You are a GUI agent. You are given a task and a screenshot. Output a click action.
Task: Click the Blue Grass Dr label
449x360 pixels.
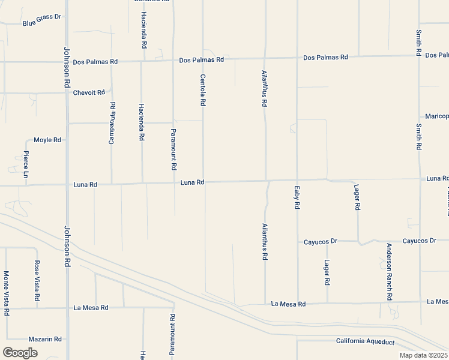point(42,24)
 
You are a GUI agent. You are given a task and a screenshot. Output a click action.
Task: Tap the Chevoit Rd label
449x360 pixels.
point(89,93)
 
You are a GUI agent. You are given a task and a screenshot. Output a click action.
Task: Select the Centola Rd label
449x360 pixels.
point(203,90)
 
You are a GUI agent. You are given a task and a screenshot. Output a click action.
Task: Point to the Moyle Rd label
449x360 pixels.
point(47,140)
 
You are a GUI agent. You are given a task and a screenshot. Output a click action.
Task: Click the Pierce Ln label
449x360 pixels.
point(26,164)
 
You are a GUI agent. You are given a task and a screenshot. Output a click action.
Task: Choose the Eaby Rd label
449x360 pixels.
point(297,197)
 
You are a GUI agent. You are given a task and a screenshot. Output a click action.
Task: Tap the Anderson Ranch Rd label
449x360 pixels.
point(389,272)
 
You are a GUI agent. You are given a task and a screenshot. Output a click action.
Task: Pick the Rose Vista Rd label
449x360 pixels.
point(37,280)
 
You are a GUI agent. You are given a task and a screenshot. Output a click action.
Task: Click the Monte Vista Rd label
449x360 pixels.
point(6,293)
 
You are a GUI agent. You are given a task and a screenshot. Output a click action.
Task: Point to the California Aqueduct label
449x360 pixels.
point(365,341)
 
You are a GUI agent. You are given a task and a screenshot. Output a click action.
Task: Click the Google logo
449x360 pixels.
point(20,353)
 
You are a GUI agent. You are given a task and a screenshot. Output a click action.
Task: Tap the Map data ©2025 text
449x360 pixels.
point(423,355)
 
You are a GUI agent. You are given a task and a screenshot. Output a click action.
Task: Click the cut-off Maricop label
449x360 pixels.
point(436,116)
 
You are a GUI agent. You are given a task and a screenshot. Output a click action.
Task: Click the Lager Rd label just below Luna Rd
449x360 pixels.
point(357,197)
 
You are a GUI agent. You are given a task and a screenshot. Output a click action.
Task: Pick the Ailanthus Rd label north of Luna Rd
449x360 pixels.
point(264,88)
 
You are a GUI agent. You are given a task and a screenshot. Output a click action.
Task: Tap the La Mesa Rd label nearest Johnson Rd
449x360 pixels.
point(91,308)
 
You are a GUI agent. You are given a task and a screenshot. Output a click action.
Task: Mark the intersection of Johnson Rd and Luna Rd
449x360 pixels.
point(67,185)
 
